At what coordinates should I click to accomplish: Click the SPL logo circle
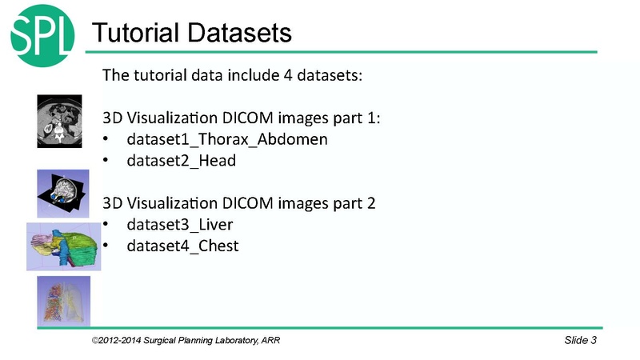tap(42, 33)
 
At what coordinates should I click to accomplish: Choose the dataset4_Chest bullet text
tap(182, 245)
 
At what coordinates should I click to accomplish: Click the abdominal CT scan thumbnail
tap(59, 120)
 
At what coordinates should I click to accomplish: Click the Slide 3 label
tap(580, 342)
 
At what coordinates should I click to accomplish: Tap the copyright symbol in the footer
tap(94, 342)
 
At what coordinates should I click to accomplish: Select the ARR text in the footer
tap(270, 342)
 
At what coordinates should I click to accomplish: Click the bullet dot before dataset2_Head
tap(107, 161)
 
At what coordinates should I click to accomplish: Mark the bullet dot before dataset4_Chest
tap(107, 246)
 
